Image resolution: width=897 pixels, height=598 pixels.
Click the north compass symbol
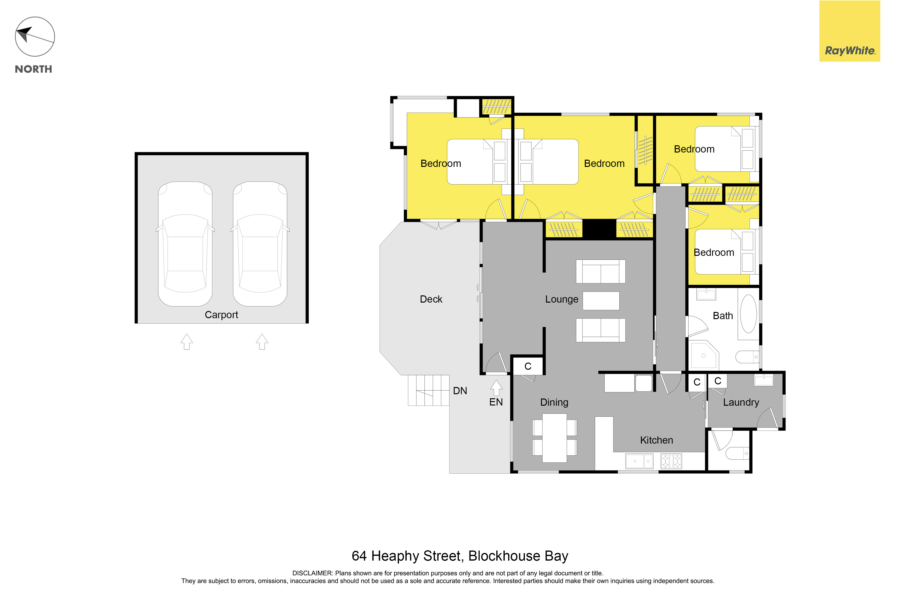35,37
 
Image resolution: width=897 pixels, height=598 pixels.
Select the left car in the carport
185,244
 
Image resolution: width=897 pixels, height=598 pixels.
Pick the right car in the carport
260,244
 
